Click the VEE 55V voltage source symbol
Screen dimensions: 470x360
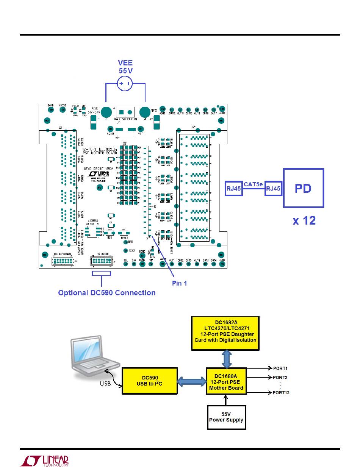(125, 84)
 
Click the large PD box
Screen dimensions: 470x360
(304, 188)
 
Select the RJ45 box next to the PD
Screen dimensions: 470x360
(273, 188)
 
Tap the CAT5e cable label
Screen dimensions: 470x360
(254, 184)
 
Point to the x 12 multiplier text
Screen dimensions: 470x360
(304, 220)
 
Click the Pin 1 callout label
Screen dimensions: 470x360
(180, 283)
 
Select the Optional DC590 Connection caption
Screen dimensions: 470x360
(106, 293)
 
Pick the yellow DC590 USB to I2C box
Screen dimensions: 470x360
(149, 380)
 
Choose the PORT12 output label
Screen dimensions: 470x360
(281, 393)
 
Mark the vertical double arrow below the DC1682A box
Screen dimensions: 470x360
(226, 359)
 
